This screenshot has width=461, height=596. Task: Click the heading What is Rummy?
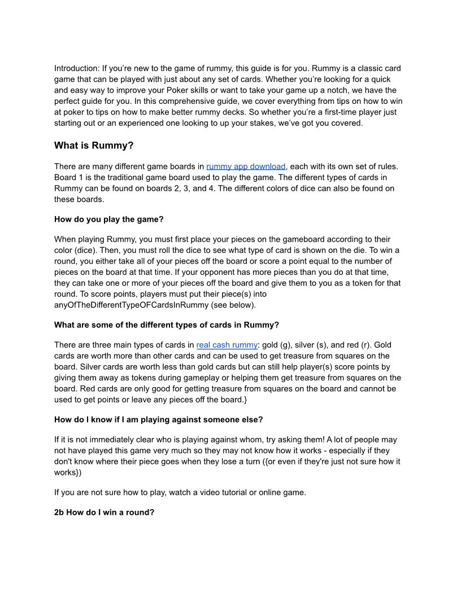point(94,146)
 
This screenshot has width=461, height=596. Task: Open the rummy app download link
point(246,166)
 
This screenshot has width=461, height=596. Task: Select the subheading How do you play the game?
point(107,219)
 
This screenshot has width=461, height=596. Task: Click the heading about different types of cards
point(167,325)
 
